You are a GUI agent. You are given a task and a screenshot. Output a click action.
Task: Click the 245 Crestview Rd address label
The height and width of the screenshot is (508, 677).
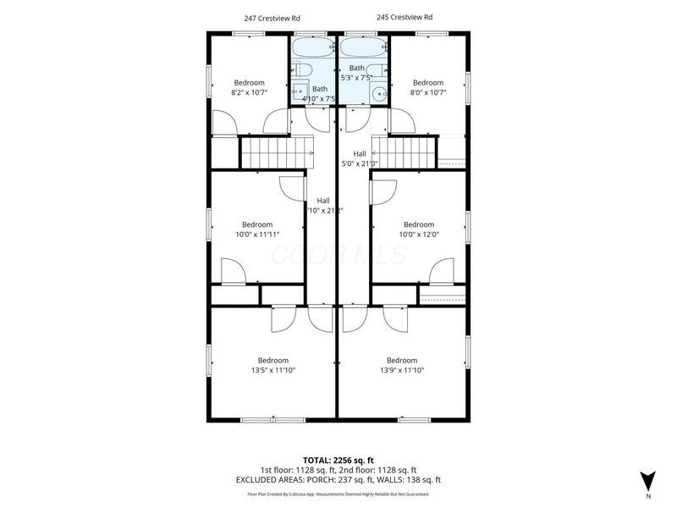click(x=405, y=17)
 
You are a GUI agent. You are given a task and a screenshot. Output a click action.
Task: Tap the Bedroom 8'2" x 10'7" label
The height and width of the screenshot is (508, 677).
click(x=250, y=88)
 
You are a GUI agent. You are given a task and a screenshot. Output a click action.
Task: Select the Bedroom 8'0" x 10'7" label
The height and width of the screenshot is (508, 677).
click(x=427, y=88)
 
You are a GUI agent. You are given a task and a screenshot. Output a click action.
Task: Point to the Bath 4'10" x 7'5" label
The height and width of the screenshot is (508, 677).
click(x=319, y=94)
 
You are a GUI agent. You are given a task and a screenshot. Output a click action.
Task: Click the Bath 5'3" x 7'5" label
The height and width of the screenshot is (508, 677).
click(x=356, y=73)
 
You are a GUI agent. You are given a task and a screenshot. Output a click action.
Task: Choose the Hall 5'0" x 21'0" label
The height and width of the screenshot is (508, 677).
click(x=359, y=158)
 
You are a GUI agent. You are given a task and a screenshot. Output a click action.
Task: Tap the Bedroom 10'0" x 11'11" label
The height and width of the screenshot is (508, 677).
click(x=257, y=229)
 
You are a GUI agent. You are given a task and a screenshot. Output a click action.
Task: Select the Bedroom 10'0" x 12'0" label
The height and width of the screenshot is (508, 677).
click(x=418, y=229)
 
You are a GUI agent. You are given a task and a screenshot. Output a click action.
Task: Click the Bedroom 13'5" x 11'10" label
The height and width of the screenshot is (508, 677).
click(x=273, y=365)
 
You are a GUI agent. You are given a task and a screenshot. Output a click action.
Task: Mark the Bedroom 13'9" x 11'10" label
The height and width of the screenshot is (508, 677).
click(x=401, y=365)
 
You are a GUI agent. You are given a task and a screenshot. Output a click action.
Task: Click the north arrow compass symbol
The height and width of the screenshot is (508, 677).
click(x=647, y=480)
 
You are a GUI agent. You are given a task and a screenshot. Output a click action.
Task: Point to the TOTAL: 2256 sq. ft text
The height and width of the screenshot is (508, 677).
click(x=338, y=461)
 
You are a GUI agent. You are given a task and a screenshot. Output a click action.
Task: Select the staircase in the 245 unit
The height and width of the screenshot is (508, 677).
click(x=405, y=153)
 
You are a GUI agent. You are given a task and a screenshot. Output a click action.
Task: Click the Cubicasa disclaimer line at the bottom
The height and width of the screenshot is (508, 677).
click(x=338, y=494)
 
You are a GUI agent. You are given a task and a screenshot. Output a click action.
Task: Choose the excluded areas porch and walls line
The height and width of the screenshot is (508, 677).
click(x=338, y=479)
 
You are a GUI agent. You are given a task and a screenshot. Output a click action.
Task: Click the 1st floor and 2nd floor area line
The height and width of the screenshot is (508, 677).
click(x=338, y=470)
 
